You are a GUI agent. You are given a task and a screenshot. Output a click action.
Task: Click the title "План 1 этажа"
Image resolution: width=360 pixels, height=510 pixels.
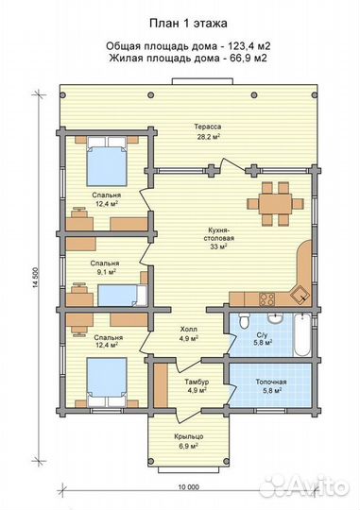pyautogui.click(x=188, y=24)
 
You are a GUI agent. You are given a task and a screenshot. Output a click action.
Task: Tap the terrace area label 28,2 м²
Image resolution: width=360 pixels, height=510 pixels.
pyautogui.click(x=208, y=137)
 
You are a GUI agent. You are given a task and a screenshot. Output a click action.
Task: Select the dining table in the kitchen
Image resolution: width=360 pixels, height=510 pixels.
pyautogui.click(x=275, y=204)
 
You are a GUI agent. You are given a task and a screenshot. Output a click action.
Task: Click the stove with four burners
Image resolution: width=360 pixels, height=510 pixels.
pyautogui.click(x=267, y=298)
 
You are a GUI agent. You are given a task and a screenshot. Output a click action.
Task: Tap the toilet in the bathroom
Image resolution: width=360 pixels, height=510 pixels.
pyautogui.click(x=244, y=321)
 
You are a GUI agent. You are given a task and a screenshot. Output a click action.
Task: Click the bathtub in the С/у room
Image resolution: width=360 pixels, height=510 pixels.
pyautogui.click(x=302, y=334)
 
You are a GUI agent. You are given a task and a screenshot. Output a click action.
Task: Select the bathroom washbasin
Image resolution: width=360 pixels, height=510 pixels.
pyautogui.click(x=276, y=318)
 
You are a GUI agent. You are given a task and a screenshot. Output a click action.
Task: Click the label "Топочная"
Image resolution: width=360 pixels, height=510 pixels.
pyautogui.click(x=271, y=382)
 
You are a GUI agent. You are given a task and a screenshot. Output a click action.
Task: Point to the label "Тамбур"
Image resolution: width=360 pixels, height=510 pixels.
pyautogui.click(x=197, y=382)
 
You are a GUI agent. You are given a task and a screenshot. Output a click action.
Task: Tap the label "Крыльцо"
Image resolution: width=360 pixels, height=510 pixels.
pyautogui.click(x=189, y=437)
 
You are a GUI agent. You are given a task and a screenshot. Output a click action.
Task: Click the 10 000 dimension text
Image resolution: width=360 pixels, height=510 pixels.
pyautogui.click(x=188, y=487)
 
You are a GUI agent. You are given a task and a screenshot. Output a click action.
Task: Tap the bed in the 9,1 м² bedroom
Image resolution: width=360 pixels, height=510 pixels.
pyautogui.click(x=123, y=296)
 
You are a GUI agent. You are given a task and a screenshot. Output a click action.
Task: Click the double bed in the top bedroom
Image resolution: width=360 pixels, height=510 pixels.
pyautogui.click(x=107, y=161)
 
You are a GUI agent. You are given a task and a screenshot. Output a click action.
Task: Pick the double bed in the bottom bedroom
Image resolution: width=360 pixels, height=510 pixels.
pyautogui.click(x=107, y=382)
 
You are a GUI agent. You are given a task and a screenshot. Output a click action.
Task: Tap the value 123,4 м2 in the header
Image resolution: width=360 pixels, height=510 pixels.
pyautogui.click(x=249, y=46)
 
